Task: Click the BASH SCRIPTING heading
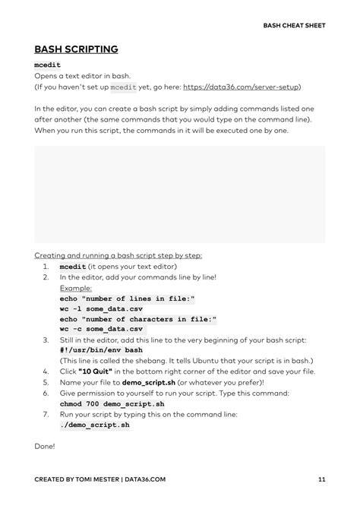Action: pos(76,49)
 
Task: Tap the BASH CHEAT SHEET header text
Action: pos(294,25)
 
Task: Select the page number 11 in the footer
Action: pos(321,479)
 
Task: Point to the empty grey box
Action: pos(179,194)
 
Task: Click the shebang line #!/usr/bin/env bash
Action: pos(101,350)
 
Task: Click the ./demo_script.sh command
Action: pos(94,425)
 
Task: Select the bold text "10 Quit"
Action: pos(99,371)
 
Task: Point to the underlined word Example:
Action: pos(76,289)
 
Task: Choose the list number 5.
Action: pos(46,382)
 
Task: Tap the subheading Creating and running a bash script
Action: pos(118,256)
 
